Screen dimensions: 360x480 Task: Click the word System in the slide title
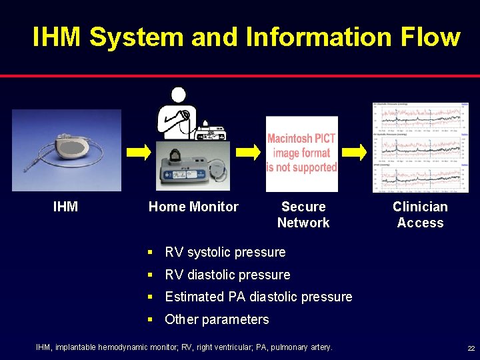coord(136,37)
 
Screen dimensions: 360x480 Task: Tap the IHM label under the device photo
coord(65,207)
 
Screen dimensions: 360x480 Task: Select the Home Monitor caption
coord(193,207)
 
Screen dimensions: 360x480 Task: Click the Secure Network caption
coord(303,215)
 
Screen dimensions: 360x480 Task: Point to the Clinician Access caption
coord(420,215)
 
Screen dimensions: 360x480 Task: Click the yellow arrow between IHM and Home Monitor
coord(139,153)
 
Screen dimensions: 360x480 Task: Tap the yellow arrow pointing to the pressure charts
coord(359,153)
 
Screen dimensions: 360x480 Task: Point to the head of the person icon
coord(178,95)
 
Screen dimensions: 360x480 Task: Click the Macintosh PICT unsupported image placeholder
coord(302,153)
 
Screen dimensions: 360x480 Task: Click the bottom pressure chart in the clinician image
coord(420,178)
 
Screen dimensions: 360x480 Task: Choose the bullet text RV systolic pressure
coord(225,252)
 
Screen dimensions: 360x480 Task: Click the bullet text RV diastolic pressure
coord(227,275)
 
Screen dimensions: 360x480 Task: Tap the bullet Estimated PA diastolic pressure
coord(259,297)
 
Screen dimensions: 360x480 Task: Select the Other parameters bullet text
coord(217,319)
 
